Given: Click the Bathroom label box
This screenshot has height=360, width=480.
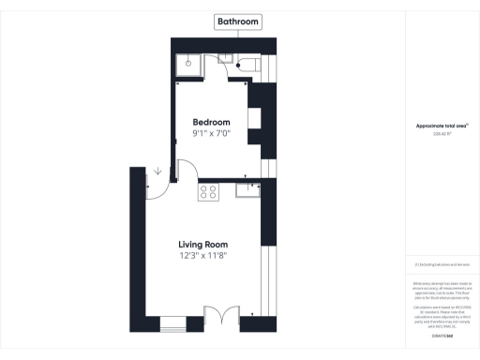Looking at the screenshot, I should tap(238, 22).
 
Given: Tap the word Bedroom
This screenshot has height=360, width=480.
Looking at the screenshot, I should tap(212, 123).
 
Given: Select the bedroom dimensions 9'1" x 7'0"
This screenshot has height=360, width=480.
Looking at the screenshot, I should tap(212, 134).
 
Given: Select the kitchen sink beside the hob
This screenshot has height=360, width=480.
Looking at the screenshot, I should tap(248, 191).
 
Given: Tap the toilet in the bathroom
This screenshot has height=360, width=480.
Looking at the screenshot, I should tap(251, 65).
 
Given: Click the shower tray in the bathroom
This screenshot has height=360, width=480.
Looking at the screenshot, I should tap(188, 65).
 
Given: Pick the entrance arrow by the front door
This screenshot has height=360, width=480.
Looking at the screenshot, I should tap(157, 172).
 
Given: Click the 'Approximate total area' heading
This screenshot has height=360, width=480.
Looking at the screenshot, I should tap(441, 126).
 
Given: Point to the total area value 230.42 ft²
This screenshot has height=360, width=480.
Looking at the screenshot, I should tap(441, 133).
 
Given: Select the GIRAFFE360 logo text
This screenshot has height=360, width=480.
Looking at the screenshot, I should tap(441, 334).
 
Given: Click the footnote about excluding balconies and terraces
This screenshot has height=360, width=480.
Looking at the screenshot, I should tap(441, 267).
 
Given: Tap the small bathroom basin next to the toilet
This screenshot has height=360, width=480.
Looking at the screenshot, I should tap(226, 59).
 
